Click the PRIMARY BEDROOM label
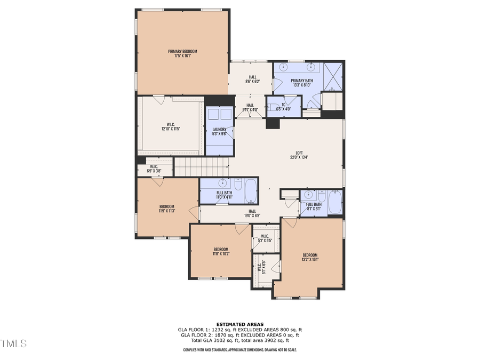tap(182, 53)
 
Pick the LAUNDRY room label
tap(219, 131)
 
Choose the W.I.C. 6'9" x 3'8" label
tap(154, 169)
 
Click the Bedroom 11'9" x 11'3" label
tap(167, 209)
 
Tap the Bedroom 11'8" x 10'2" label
tap(221, 251)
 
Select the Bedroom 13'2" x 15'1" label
tap(310, 257)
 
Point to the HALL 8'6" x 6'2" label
tap(253, 79)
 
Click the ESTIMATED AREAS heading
tap(239, 324)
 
